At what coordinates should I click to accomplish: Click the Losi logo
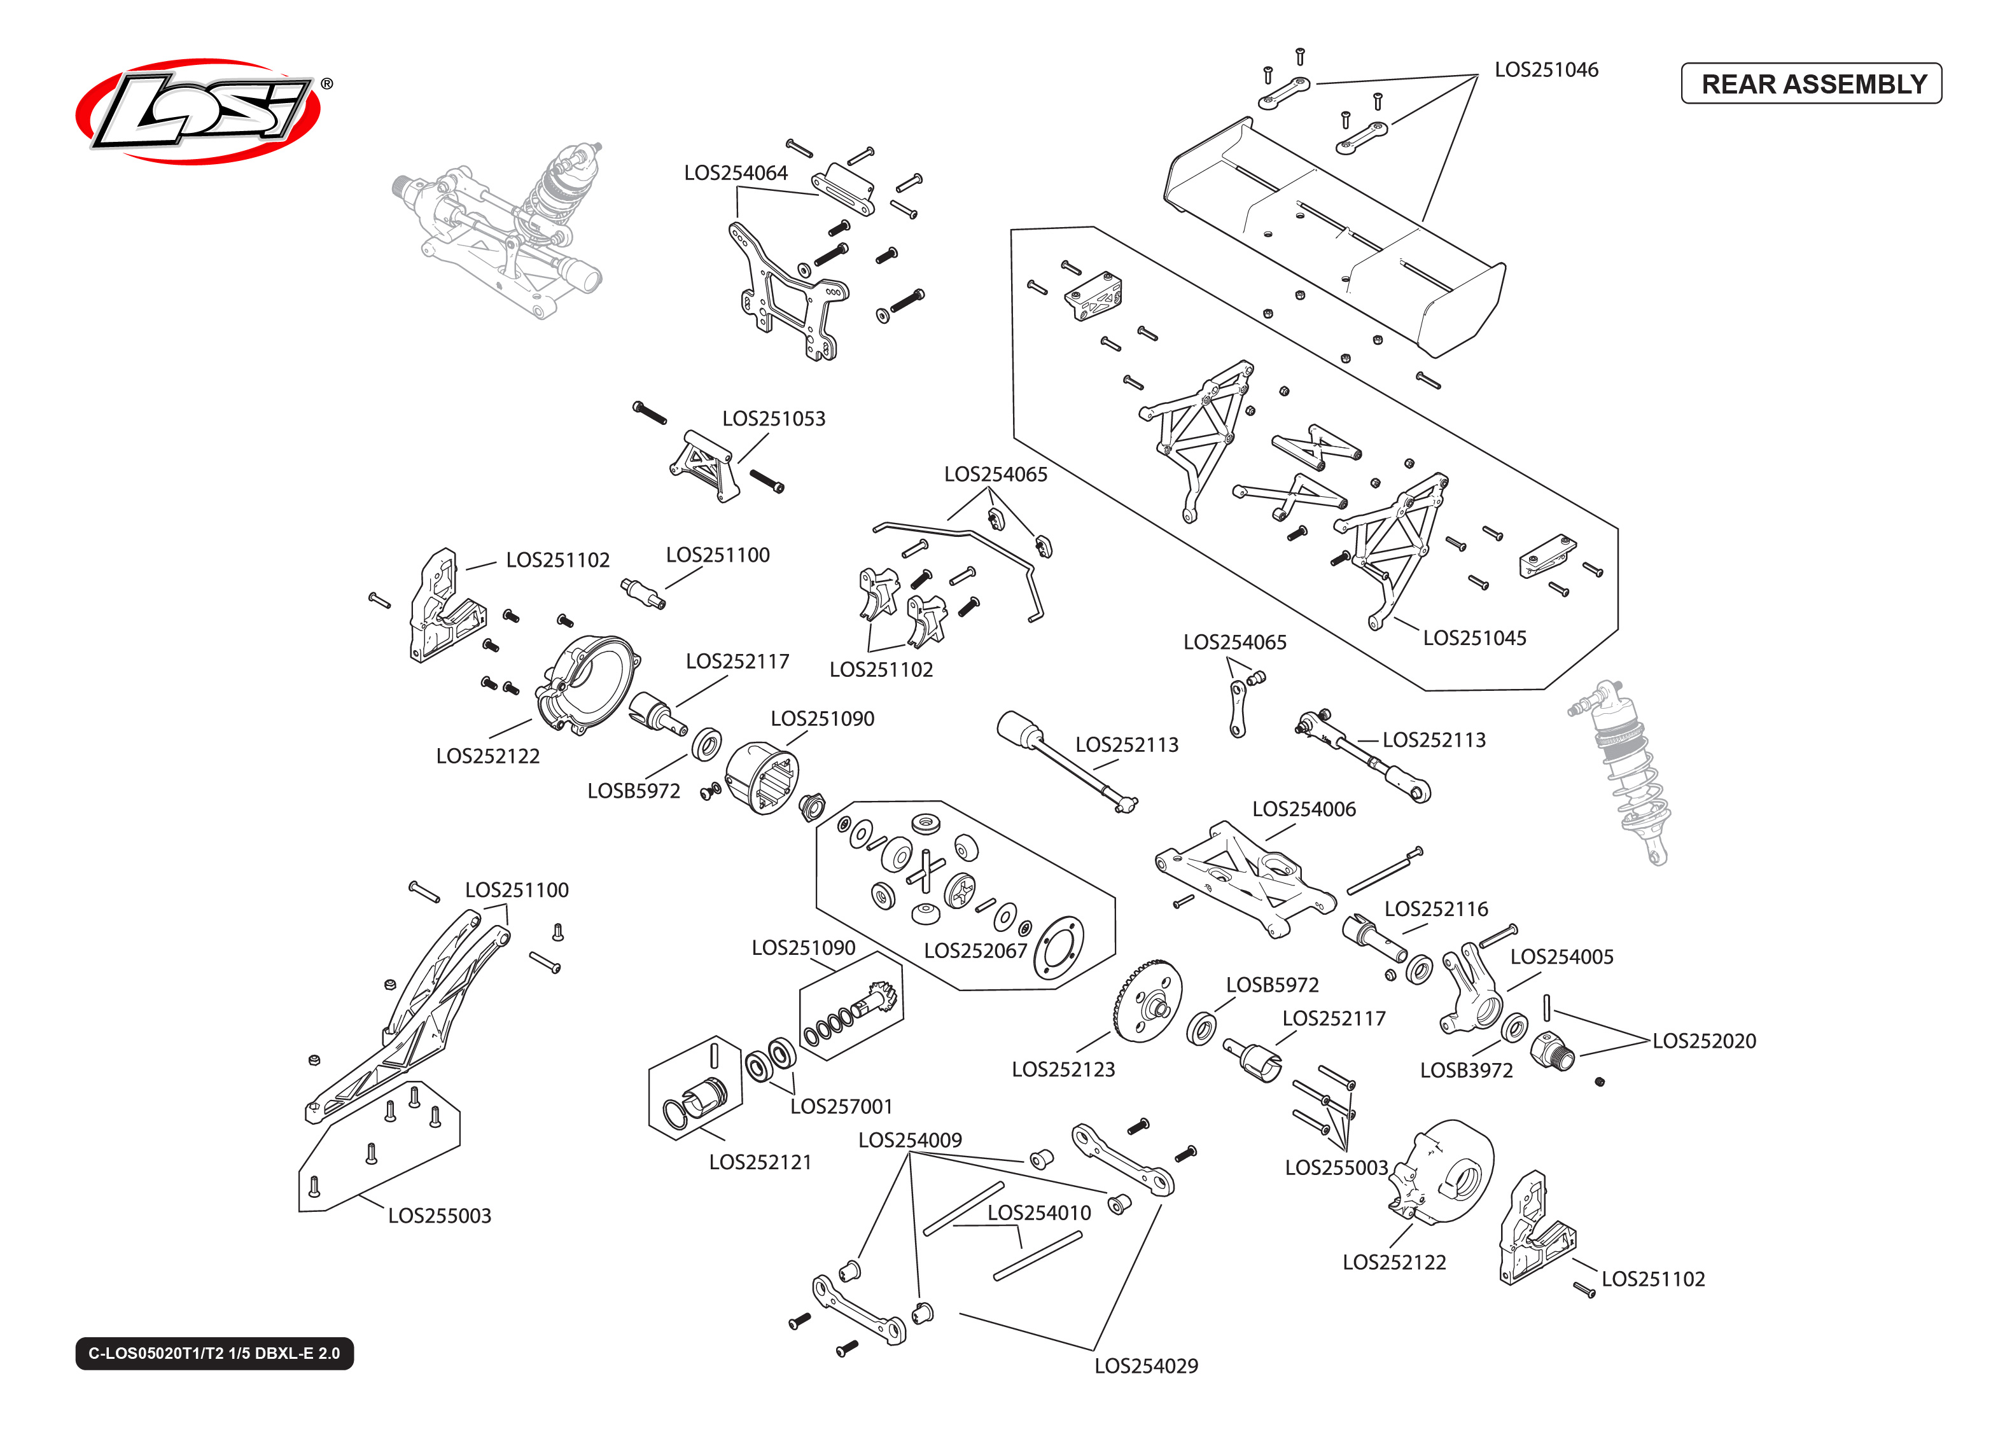pos(199,111)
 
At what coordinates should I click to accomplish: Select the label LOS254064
pos(736,173)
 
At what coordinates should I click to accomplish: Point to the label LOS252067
pos(975,950)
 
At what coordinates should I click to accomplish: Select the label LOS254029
pos(1145,1366)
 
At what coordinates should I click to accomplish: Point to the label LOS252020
pos(1703,1041)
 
